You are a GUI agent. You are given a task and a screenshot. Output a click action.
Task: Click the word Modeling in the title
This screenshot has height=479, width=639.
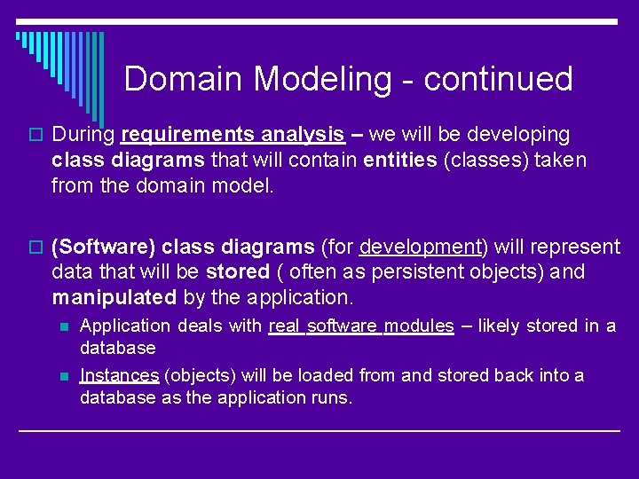[322, 80]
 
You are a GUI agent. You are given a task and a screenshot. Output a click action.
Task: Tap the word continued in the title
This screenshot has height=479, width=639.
[498, 80]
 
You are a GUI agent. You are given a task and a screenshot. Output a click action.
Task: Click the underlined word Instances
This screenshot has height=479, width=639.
[119, 375]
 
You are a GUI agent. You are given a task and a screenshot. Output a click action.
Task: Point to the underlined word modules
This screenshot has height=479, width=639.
[418, 326]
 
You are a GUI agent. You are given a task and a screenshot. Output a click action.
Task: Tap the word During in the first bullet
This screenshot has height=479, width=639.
[83, 135]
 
